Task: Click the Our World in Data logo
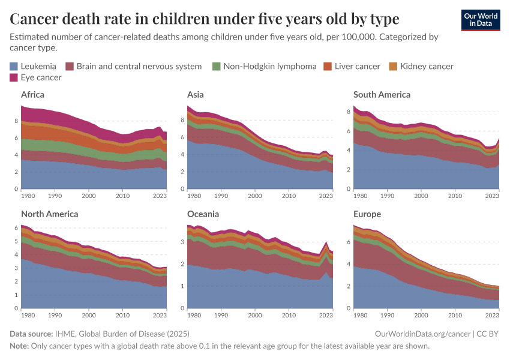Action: pos(480,20)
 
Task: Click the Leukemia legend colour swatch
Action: pos(14,66)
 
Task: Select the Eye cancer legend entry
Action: pos(36,77)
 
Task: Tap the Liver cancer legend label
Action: pos(357,66)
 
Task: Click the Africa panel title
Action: pos(32,95)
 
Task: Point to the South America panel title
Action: pos(382,95)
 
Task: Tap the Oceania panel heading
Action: pos(203,214)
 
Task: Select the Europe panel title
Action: pos(367,214)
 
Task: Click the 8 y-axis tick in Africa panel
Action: pos(16,121)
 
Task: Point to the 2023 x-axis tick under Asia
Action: pos(326,196)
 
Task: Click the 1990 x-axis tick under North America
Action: pos(55,315)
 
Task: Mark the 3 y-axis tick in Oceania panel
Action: pos(182,242)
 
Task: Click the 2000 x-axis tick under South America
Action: pos(422,196)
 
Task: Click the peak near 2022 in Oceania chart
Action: pos(325,242)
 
